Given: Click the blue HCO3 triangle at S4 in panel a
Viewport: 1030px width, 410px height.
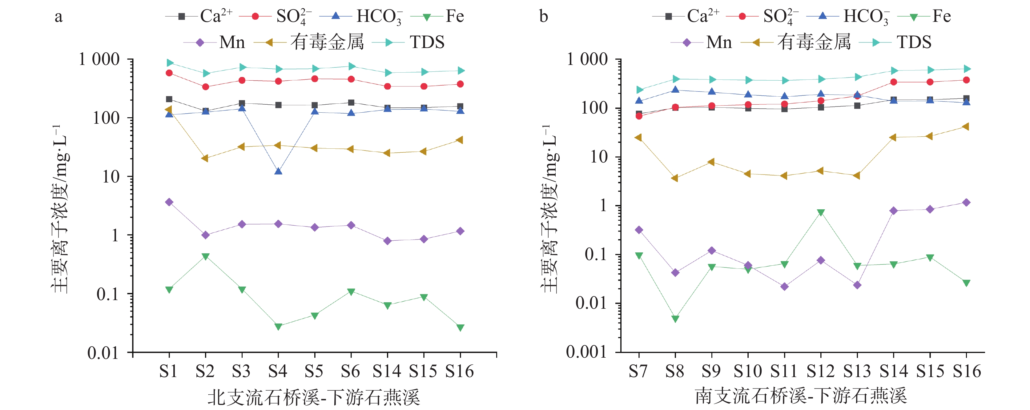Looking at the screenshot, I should pos(278,171).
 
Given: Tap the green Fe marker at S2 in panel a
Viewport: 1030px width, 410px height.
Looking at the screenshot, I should pos(206,256).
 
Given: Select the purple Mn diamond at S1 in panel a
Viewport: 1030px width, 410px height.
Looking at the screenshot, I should pos(169,202).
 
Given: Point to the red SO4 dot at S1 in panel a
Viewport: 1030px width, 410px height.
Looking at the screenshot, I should pos(169,73).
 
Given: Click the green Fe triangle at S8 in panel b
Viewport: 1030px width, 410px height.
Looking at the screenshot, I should pos(675,319).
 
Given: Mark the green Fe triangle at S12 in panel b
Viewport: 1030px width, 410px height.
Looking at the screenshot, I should pos(821,212).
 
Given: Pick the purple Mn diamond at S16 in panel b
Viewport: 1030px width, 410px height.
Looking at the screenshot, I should pos(966,203).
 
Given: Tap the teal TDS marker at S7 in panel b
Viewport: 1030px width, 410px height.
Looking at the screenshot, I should pos(639,90).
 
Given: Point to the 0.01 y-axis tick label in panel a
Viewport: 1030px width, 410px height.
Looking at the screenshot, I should pos(103,353).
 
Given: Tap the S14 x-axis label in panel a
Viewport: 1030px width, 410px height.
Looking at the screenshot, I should pos(387,372).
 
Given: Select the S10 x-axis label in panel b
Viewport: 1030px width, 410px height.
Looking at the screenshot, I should pos(748,372).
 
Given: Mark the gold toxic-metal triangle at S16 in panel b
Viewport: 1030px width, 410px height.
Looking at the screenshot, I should pos(966,127).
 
